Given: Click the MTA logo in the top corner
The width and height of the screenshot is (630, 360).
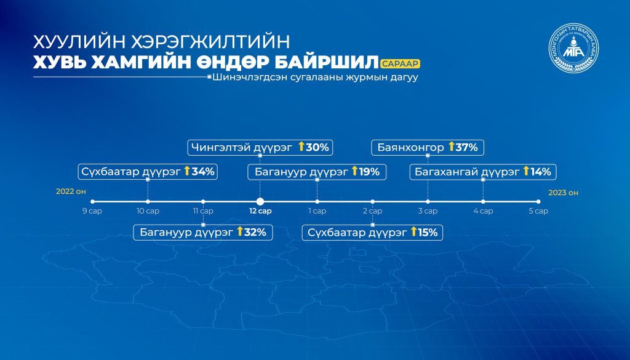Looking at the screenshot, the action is point(573,48).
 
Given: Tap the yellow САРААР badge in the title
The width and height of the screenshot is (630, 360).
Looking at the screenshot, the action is point(401,63).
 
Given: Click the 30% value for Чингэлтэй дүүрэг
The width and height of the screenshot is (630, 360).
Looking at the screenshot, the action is point(317,148).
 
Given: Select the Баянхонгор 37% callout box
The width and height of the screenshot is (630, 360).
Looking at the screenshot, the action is point(428,148).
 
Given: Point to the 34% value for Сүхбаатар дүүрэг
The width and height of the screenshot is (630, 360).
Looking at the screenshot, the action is point(203,172).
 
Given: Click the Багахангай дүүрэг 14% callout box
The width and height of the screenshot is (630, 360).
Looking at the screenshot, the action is point(483,172).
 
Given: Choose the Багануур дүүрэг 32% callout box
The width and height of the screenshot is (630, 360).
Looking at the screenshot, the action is point(203,232).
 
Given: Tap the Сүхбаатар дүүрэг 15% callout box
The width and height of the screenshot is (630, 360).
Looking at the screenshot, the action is point(372,232).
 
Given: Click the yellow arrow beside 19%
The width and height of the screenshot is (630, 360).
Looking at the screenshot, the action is point(354,170).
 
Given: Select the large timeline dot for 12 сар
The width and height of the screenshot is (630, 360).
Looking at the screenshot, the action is point(260,202).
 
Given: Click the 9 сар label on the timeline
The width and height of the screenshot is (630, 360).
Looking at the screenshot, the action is point(92,211).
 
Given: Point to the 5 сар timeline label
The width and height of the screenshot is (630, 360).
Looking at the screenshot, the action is point(538,211).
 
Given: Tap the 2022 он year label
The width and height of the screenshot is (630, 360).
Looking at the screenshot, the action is point(71,191).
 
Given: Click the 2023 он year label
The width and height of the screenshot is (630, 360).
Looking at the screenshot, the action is point(564,193).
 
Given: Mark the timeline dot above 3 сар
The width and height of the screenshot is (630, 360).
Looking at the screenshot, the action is point(428,202).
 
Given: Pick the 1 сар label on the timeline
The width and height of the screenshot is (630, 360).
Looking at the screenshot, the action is point(317,211).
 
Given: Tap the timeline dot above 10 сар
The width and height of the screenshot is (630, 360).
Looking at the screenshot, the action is point(148,202).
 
